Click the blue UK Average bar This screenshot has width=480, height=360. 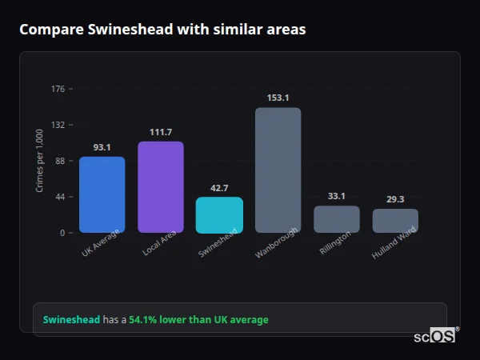(x=102, y=194)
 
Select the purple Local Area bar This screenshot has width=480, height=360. (x=161, y=187)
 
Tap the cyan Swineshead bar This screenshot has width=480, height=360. (x=219, y=215)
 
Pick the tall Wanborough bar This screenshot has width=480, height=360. (x=278, y=170)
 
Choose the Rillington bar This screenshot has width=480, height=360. (x=337, y=219)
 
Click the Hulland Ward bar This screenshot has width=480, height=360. (x=395, y=221)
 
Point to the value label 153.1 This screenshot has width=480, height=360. (x=278, y=98)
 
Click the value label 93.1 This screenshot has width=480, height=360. (x=102, y=147)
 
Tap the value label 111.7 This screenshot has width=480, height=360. (x=161, y=132)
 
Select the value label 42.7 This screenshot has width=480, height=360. (x=219, y=188)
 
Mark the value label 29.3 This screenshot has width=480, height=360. (x=395, y=199)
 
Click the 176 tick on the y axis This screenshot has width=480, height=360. (x=58, y=89)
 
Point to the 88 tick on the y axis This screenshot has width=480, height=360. (x=60, y=161)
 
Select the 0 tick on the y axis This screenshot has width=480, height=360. (x=62, y=233)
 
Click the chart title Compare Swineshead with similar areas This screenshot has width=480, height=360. (x=162, y=30)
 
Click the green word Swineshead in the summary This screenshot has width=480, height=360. (x=71, y=320)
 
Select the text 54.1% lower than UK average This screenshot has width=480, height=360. (x=198, y=320)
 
